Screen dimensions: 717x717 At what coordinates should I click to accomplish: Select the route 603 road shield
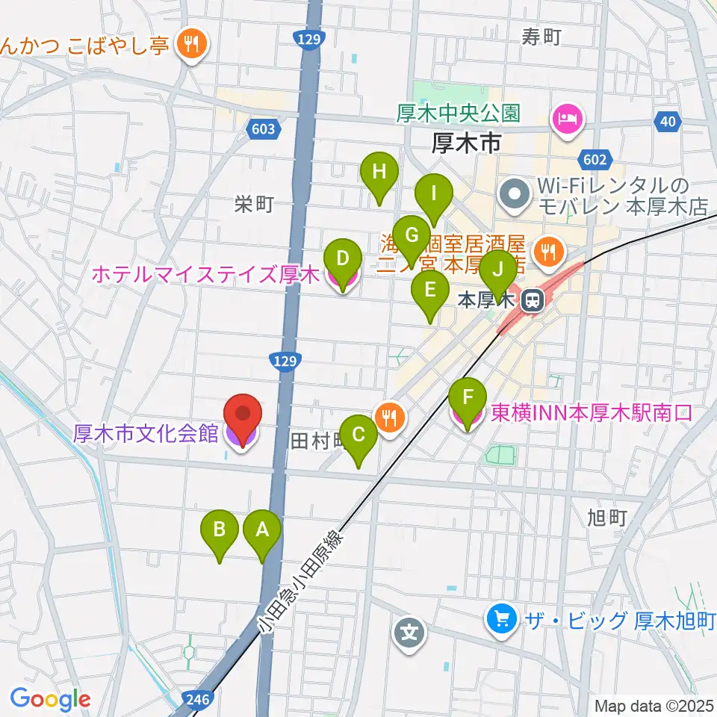click(x=264, y=129)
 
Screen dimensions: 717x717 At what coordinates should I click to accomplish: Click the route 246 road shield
click(x=199, y=699)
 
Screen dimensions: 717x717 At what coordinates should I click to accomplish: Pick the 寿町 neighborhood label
click(x=541, y=36)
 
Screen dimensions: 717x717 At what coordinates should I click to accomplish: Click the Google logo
click(x=50, y=699)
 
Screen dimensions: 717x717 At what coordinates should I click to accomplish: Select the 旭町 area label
click(x=606, y=517)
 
